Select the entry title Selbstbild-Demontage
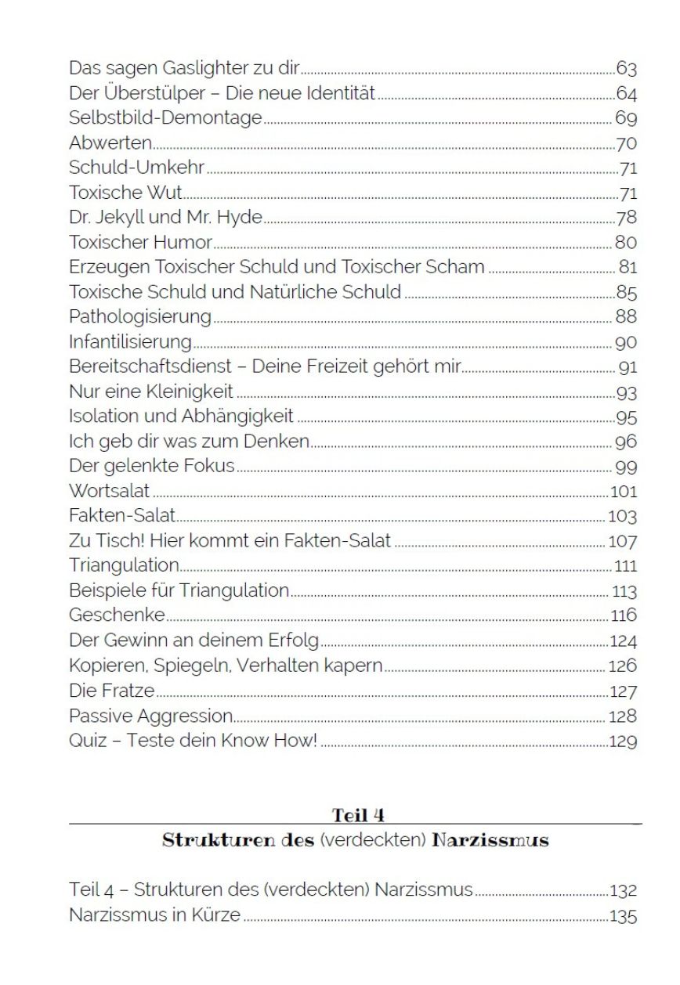coord(165,118)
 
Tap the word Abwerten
coord(110,143)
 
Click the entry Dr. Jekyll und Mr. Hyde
coord(165,218)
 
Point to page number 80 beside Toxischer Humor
coord(626,243)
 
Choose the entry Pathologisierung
coord(140,317)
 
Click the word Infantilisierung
coord(130,342)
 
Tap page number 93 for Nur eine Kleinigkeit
coord(626,392)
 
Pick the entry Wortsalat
coord(109,492)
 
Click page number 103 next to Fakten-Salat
coord(622,517)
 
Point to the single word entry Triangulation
coord(124,565)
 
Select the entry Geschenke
coord(117,615)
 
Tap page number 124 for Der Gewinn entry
coord(622,642)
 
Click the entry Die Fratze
coord(111,691)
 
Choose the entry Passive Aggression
coord(151,716)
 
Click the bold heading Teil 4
coord(357,815)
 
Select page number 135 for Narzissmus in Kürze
coord(622,916)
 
